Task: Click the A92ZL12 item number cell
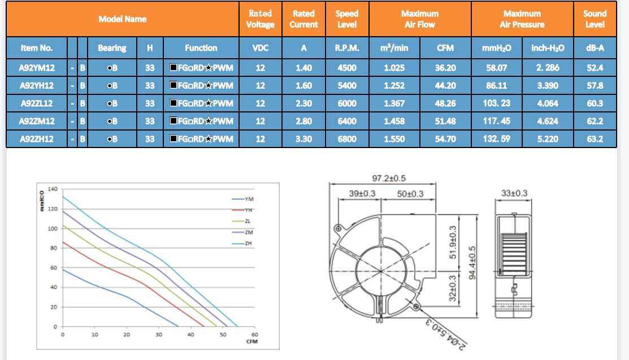37,103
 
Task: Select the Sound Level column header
595,19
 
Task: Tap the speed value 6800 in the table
346,139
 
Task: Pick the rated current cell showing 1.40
303,68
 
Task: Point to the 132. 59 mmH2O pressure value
497,139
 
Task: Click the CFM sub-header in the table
445,48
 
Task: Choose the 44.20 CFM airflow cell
445,85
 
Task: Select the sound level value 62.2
595,121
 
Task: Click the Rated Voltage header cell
261,19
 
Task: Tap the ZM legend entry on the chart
242,232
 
